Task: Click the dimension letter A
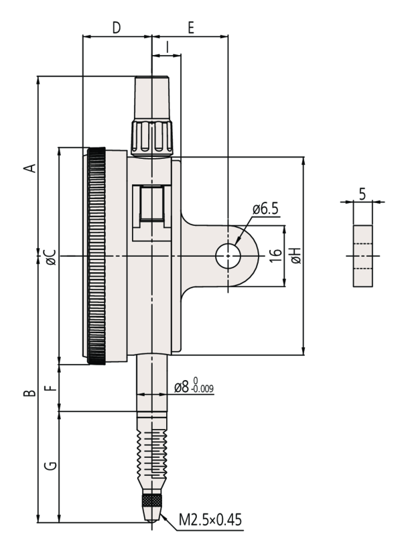point(29,167)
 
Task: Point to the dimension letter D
point(117,28)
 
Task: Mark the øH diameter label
point(295,255)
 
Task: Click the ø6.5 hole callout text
point(265,209)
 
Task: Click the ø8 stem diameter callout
point(194,387)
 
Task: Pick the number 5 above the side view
point(362,194)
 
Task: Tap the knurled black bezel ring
point(96,257)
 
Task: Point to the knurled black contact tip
point(151,501)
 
